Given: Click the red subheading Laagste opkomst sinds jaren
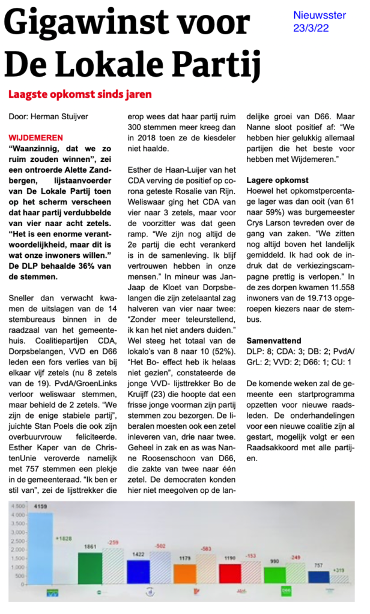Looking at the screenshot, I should pos(80,94).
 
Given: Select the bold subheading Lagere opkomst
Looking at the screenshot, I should pos(277,180).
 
